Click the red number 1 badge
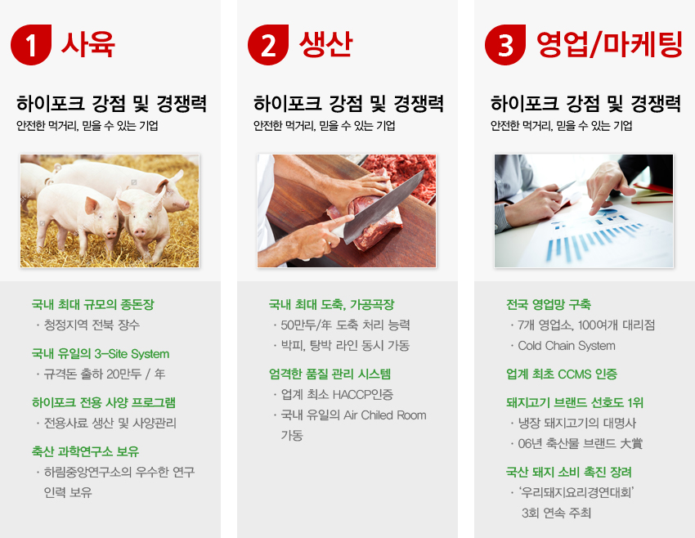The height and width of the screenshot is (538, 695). click(31, 45)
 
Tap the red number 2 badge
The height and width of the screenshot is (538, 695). click(268, 45)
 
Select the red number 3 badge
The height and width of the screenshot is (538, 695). click(505, 45)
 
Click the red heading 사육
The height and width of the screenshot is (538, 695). click(88, 44)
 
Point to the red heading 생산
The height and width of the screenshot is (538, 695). click(325, 44)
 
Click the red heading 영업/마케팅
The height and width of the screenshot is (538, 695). click(609, 44)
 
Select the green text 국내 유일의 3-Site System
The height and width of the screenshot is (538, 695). click(101, 354)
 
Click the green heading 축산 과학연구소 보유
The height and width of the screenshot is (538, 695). click(85, 451)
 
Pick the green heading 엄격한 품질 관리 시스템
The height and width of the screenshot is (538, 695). click(330, 374)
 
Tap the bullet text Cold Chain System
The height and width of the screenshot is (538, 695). click(567, 346)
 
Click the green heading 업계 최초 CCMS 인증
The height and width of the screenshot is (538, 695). click(562, 374)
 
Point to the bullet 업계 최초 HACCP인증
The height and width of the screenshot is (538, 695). click(337, 394)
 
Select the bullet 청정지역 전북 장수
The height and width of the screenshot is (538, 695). click(92, 325)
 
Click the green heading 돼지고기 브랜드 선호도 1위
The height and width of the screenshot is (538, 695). click(575, 402)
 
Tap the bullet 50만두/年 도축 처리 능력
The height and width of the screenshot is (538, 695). click(345, 325)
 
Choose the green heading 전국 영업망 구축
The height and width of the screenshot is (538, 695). click(549, 304)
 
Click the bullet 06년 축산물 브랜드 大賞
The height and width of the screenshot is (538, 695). click(581, 444)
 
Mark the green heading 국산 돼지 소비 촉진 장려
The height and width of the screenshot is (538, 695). click(569, 472)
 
